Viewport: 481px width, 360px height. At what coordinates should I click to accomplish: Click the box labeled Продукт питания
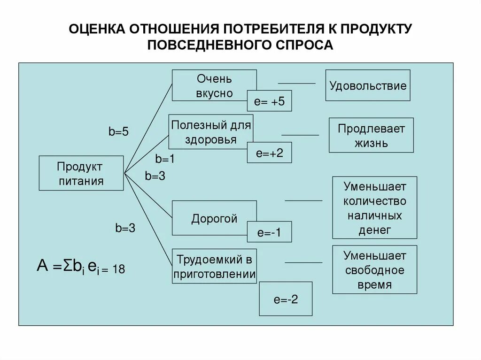[x=81, y=173]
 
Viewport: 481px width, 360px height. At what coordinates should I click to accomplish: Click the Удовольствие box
[x=367, y=85]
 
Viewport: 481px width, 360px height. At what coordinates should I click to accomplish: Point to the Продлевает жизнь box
[x=371, y=135]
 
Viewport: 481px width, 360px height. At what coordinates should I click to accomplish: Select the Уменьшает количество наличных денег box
[x=374, y=207]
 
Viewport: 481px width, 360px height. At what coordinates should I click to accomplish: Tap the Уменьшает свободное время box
[x=374, y=269]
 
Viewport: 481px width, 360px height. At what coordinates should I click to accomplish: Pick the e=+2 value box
[x=270, y=153]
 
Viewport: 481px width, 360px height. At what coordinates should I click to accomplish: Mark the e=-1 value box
[x=269, y=232]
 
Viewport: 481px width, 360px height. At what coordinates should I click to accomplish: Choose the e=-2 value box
[x=286, y=299]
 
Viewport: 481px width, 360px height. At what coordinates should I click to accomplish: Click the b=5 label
[x=119, y=132]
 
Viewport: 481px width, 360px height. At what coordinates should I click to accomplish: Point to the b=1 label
[x=165, y=159]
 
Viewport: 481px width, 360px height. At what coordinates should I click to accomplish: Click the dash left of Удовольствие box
[x=297, y=83]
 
